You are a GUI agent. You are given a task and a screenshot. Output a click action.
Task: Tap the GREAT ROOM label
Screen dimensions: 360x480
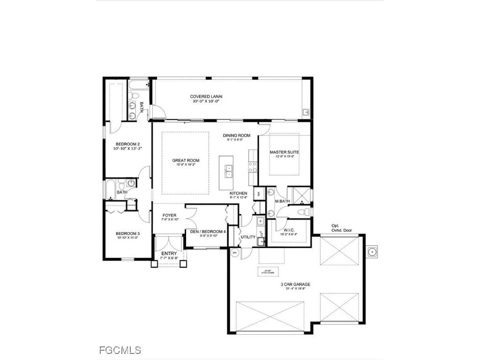click(185, 161)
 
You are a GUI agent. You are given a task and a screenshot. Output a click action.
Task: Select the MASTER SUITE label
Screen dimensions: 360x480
click(284, 152)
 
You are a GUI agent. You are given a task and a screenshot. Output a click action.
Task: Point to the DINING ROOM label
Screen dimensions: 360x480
click(237, 135)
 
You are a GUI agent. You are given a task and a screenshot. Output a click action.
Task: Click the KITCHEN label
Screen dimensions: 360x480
click(238, 194)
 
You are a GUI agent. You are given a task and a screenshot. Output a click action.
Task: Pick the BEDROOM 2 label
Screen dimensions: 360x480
click(127, 144)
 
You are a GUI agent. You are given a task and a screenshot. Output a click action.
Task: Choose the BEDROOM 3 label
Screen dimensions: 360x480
click(127, 234)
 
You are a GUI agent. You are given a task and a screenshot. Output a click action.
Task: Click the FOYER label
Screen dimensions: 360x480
click(169, 216)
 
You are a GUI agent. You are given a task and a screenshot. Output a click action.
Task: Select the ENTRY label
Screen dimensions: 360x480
click(169, 254)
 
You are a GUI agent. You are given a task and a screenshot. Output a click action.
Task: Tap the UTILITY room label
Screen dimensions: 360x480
click(248, 237)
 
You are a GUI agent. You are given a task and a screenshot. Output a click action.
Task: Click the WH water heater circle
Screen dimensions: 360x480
click(234, 252)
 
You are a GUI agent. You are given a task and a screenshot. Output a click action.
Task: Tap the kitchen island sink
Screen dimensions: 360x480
click(229, 171)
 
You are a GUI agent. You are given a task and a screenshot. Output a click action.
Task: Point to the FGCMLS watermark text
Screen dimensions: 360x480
click(120, 350)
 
